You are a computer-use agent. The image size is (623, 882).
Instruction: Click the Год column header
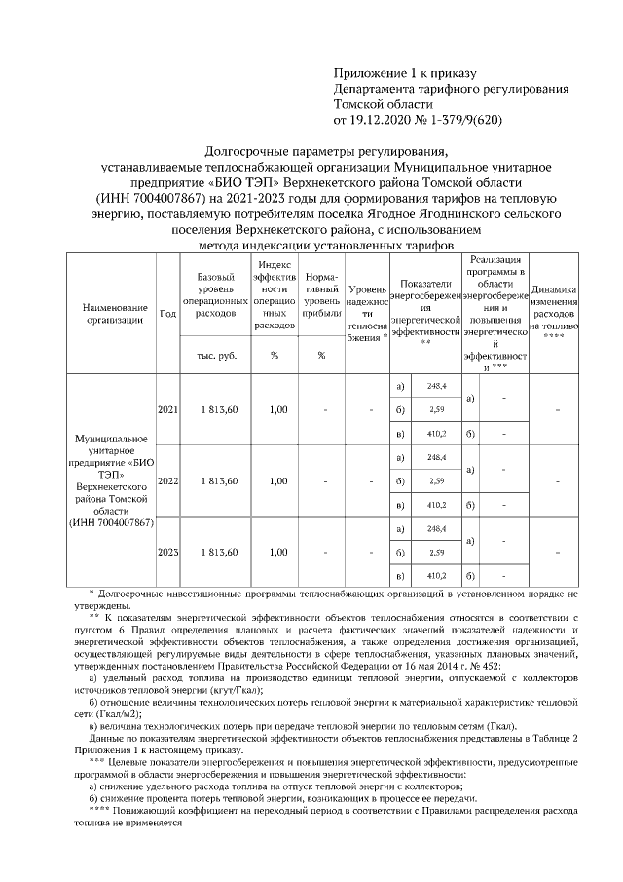(x=167, y=314)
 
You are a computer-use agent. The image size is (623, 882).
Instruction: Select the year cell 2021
(x=167, y=410)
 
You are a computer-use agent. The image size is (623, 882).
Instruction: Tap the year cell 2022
(x=167, y=480)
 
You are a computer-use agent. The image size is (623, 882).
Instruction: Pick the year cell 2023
(x=167, y=552)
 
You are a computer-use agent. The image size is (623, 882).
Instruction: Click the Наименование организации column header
(x=108, y=314)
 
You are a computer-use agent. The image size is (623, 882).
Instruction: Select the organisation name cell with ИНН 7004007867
(x=108, y=481)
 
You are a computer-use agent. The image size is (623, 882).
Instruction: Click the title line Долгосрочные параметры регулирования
(x=326, y=151)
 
